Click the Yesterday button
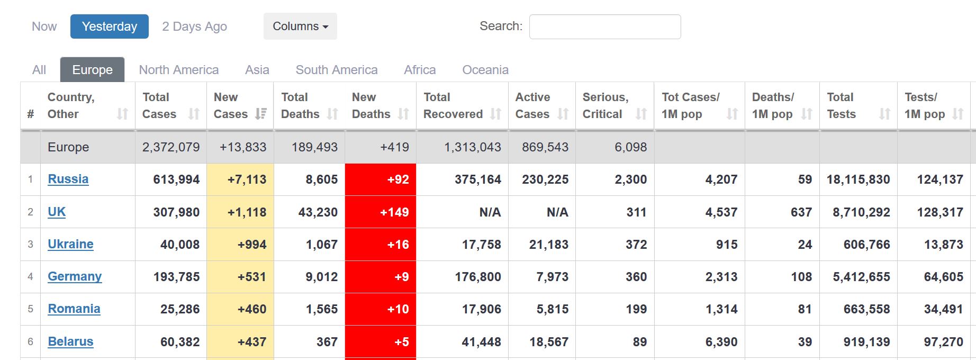[x=109, y=26]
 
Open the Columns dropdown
[x=300, y=26]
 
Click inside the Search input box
[x=604, y=26]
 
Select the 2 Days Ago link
[x=194, y=26]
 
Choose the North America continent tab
[x=178, y=70]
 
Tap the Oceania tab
[x=485, y=70]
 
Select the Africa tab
[x=420, y=70]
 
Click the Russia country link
[x=68, y=179]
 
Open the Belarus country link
[x=70, y=341]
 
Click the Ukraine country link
[x=70, y=244]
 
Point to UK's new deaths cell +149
[x=394, y=212]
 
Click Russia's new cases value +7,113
[x=247, y=179]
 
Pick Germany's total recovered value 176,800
[x=477, y=277]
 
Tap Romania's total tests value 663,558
[x=866, y=309]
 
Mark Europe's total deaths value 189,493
[x=314, y=147]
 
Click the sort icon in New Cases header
[x=261, y=114]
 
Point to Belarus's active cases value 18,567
[x=548, y=342]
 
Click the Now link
[x=44, y=26]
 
